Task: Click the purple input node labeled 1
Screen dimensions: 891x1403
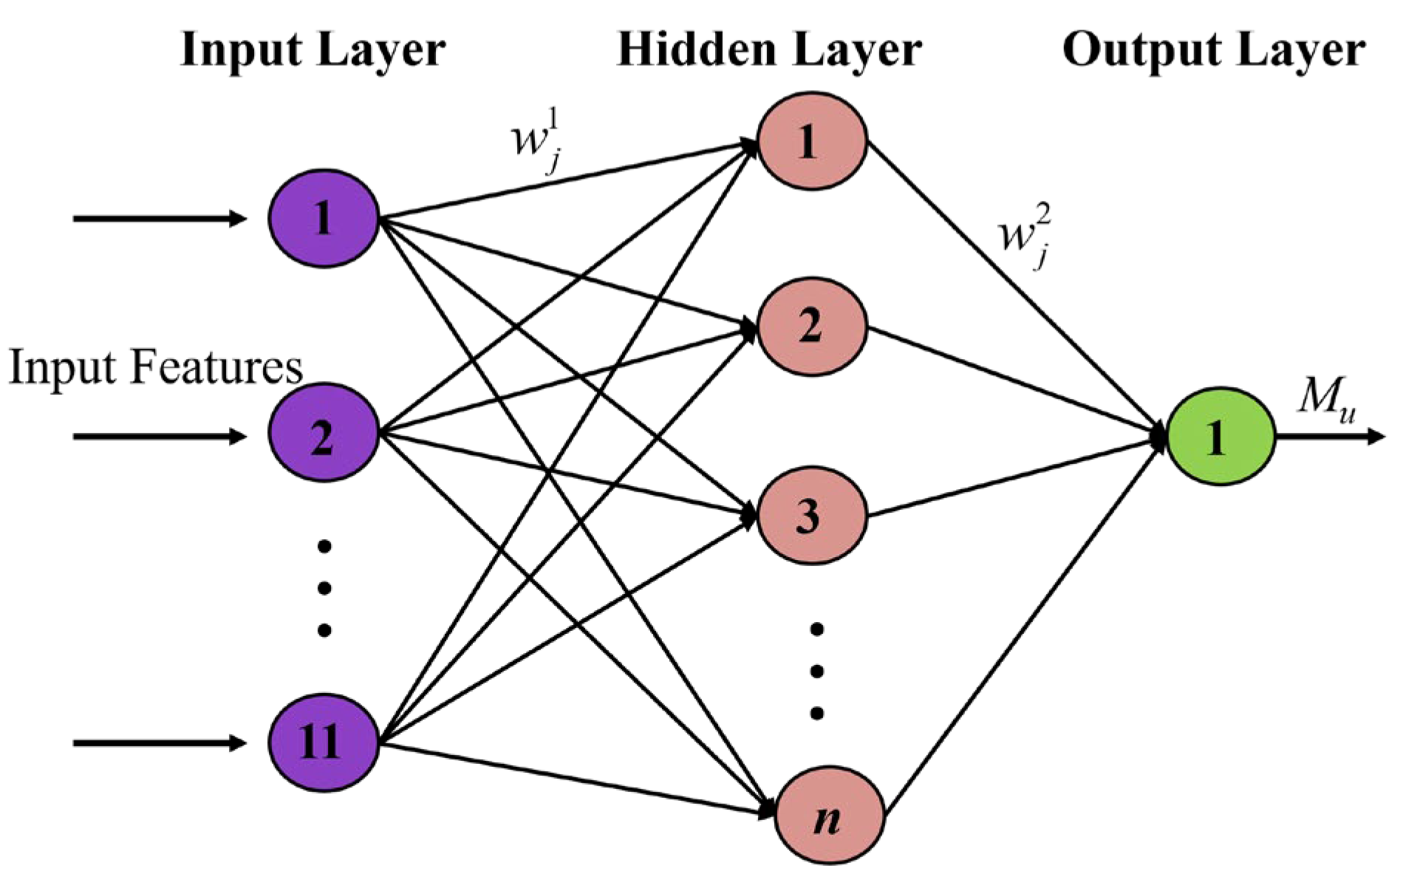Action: [324, 218]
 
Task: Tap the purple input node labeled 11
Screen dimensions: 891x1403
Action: [324, 741]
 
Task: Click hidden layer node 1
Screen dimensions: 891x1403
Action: [812, 140]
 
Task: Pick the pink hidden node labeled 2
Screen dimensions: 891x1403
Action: [812, 326]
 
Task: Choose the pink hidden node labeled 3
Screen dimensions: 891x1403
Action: [812, 516]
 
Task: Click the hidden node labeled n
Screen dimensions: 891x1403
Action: [830, 819]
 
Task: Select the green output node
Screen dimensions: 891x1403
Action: [1221, 437]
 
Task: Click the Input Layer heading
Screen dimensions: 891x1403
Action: [313, 50]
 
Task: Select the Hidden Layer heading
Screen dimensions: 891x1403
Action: [769, 50]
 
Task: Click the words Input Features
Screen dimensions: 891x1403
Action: [155, 367]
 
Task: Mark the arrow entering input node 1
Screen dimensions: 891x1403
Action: [159, 218]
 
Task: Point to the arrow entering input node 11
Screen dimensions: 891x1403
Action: [159, 742]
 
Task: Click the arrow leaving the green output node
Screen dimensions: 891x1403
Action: [1330, 437]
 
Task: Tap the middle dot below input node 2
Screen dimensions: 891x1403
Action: [324, 588]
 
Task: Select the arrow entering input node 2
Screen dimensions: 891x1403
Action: [159, 437]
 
